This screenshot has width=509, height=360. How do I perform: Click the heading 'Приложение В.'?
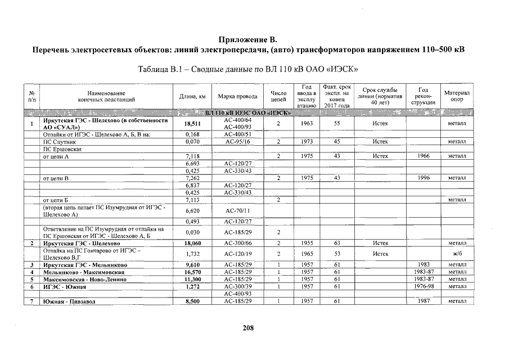pyautogui.click(x=247, y=40)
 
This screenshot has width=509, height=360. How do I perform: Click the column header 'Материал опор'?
pyautogui.click(x=457, y=96)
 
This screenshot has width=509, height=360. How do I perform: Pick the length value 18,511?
pyautogui.click(x=192, y=124)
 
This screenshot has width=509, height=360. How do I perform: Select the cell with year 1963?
pyautogui.click(x=307, y=123)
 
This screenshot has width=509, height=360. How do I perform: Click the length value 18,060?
pyautogui.click(x=192, y=243)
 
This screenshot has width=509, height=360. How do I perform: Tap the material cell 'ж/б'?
pyautogui.click(x=457, y=254)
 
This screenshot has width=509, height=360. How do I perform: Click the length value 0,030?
pyautogui.click(x=192, y=232)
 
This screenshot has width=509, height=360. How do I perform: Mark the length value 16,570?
pyautogui.click(x=192, y=272)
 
